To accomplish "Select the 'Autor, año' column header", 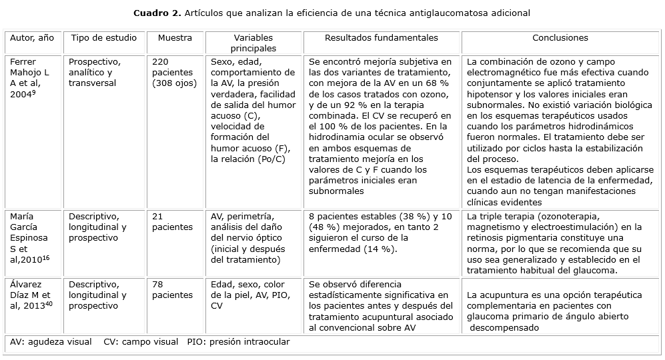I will tap(31, 39).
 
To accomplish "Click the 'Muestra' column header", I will tap(175, 39).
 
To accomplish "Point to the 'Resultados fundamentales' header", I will tap(382, 39).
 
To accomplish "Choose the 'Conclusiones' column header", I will tap(560, 39).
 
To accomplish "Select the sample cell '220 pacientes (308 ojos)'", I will tap(175, 72).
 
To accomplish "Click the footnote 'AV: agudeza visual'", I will tap(51, 342).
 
